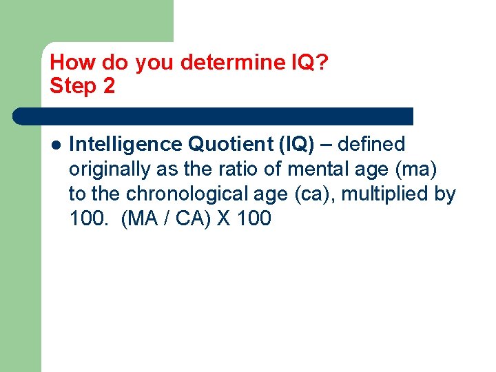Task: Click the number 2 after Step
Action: coord(109,87)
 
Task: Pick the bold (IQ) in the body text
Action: coord(297,145)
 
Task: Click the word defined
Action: coord(372,145)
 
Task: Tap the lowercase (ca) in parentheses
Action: coord(313,194)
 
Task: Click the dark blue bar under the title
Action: coord(214,116)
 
